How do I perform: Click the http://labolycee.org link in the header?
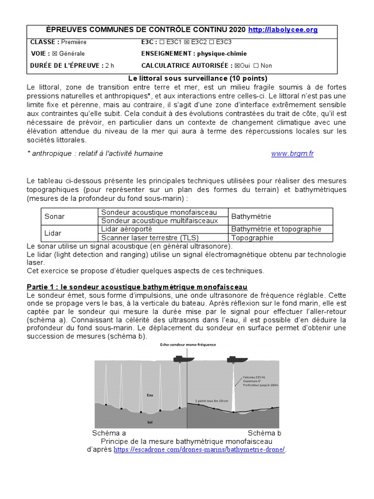point(283,30)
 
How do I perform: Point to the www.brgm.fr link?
point(292,154)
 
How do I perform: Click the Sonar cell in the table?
point(55,216)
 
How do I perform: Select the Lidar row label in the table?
point(53,233)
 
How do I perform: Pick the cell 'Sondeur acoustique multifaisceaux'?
point(159,221)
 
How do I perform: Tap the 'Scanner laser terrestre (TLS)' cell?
point(146,238)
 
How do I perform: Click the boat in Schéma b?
point(237,360)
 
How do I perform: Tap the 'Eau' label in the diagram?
point(150,395)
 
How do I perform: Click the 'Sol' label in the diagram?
point(150,422)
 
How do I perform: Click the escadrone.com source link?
point(200,450)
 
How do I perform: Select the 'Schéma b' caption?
point(264,433)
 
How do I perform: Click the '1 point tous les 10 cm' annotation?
point(211,401)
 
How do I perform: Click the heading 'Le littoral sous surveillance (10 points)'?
point(198,78)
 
